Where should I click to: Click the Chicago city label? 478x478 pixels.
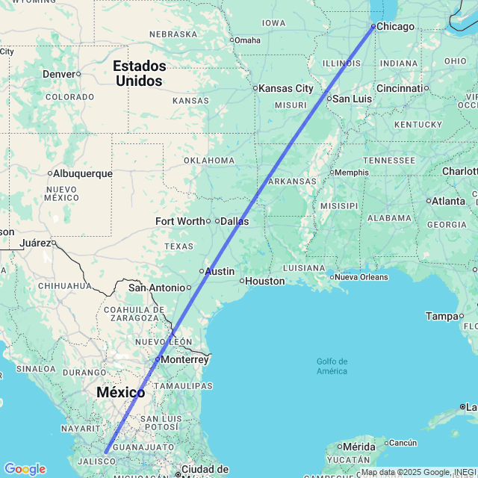pos(395,27)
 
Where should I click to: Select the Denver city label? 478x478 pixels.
pos(59,74)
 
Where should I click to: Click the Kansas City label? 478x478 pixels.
pos(286,88)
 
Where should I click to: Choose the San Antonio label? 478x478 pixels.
pos(156,288)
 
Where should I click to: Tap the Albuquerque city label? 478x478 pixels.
pos(83,174)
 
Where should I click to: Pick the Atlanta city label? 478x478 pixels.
pos(448,201)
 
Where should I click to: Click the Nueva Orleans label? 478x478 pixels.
pos(361,277)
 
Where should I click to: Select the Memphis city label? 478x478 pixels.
pos(352,173)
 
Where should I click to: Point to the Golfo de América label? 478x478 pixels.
pos(332,367)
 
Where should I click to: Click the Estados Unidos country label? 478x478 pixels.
pos(139,73)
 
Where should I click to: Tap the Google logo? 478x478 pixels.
pos(25,469)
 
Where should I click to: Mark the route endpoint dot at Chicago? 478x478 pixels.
pos(373,27)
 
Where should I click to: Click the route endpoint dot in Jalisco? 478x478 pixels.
pos(106,452)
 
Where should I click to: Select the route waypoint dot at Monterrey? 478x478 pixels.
pos(157,360)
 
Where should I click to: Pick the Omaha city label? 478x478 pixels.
pos(248,40)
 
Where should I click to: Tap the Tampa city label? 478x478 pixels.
pos(441,317)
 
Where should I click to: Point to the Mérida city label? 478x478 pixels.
pos(361,446)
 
